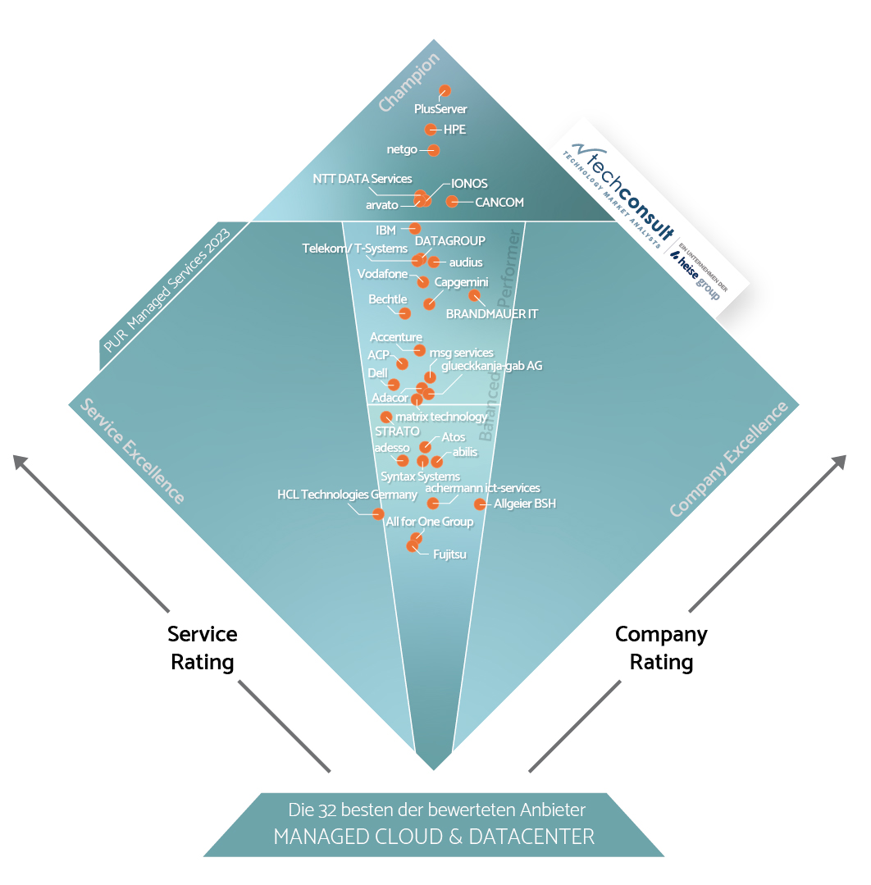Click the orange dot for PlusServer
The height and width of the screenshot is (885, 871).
point(445,91)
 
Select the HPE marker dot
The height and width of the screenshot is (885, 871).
point(431,130)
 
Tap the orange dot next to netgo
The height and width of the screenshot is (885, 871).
point(434,150)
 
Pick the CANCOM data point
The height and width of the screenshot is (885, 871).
point(452,201)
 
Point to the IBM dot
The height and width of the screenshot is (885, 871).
point(415,228)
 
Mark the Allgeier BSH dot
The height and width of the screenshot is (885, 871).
point(480,504)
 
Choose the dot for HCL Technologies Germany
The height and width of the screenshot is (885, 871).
point(378,514)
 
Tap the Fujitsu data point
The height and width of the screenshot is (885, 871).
point(413,546)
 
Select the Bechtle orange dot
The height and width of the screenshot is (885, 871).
point(404,312)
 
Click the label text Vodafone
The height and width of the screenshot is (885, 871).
point(382,274)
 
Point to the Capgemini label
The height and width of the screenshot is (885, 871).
point(462,282)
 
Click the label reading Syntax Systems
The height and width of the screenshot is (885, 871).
point(421,477)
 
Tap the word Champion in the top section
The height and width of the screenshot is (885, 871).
point(410,82)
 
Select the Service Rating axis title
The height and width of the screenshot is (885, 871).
point(203,648)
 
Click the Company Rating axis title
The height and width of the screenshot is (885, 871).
point(661,648)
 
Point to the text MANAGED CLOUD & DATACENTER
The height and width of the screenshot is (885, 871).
point(434,837)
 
